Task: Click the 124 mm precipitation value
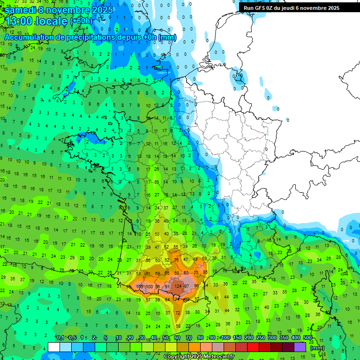pos(178,286)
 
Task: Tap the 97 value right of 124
pos(187,286)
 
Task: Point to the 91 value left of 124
pos(167,286)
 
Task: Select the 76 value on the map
pos(176,260)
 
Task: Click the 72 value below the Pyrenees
pos(178,313)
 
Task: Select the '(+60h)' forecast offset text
pos(81,22)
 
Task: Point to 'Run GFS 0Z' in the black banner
pos(260,8)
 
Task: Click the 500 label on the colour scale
pos(307,337)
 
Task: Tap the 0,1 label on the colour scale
pos(60,337)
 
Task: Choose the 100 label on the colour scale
pos(226,337)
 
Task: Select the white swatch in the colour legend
pos(54,347)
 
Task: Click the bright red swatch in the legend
pos(253,347)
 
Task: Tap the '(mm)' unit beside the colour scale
pos(317,348)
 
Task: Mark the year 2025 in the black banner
pos(331,8)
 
